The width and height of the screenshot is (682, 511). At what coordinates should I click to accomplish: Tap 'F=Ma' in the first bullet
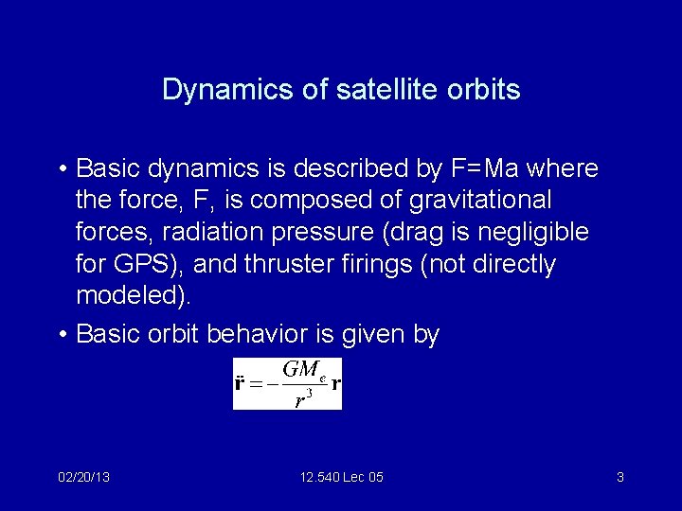tap(484, 168)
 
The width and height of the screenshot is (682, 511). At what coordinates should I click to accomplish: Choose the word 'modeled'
tap(129, 296)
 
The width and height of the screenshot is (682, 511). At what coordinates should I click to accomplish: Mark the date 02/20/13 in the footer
tap(83, 477)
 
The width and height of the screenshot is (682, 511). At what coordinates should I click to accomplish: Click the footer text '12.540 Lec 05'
tap(341, 477)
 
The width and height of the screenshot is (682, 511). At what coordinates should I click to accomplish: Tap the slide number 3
tap(619, 477)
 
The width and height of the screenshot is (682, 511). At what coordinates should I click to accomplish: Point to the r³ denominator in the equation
tap(299, 399)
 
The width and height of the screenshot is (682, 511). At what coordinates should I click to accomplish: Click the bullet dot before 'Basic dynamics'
tap(61, 169)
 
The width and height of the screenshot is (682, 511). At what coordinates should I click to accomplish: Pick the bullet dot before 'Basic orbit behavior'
tap(61, 335)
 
